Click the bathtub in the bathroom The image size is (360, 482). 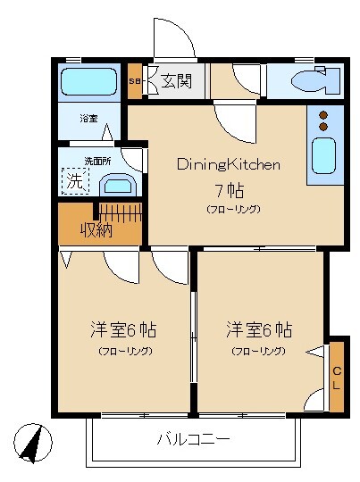[x=88, y=83]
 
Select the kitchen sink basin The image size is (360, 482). [x=323, y=157]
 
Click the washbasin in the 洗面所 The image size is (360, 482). [x=116, y=185]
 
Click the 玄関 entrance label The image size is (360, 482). [x=176, y=82]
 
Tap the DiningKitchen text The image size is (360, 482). [x=230, y=164]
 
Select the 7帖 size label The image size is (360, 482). [x=230, y=189]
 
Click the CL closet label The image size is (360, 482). [x=337, y=375]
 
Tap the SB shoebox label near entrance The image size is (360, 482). [x=134, y=83]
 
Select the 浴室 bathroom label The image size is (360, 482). [x=88, y=119]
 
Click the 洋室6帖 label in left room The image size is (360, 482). [x=123, y=328]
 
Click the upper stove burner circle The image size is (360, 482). [x=323, y=114]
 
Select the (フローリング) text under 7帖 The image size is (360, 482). [x=232, y=209]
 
